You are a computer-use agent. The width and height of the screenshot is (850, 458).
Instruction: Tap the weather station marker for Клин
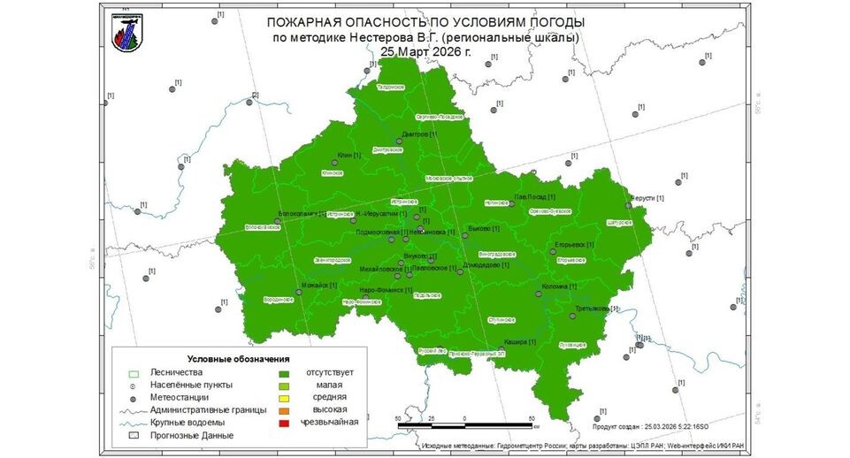click(334, 163)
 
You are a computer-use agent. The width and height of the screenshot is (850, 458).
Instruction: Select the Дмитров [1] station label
click(419, 134)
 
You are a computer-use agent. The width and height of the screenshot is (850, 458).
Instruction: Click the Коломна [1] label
click(559, 286)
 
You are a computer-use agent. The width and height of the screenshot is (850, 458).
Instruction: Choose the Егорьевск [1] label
click(573, 244)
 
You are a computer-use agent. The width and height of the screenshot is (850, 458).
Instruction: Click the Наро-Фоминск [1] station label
click(387, 290)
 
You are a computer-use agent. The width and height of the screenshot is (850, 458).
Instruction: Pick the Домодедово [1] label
click(486, 265)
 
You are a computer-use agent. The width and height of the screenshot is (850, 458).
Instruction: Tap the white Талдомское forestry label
click(390, 88)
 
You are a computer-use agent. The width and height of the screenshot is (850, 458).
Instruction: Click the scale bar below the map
click(464, 426)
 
